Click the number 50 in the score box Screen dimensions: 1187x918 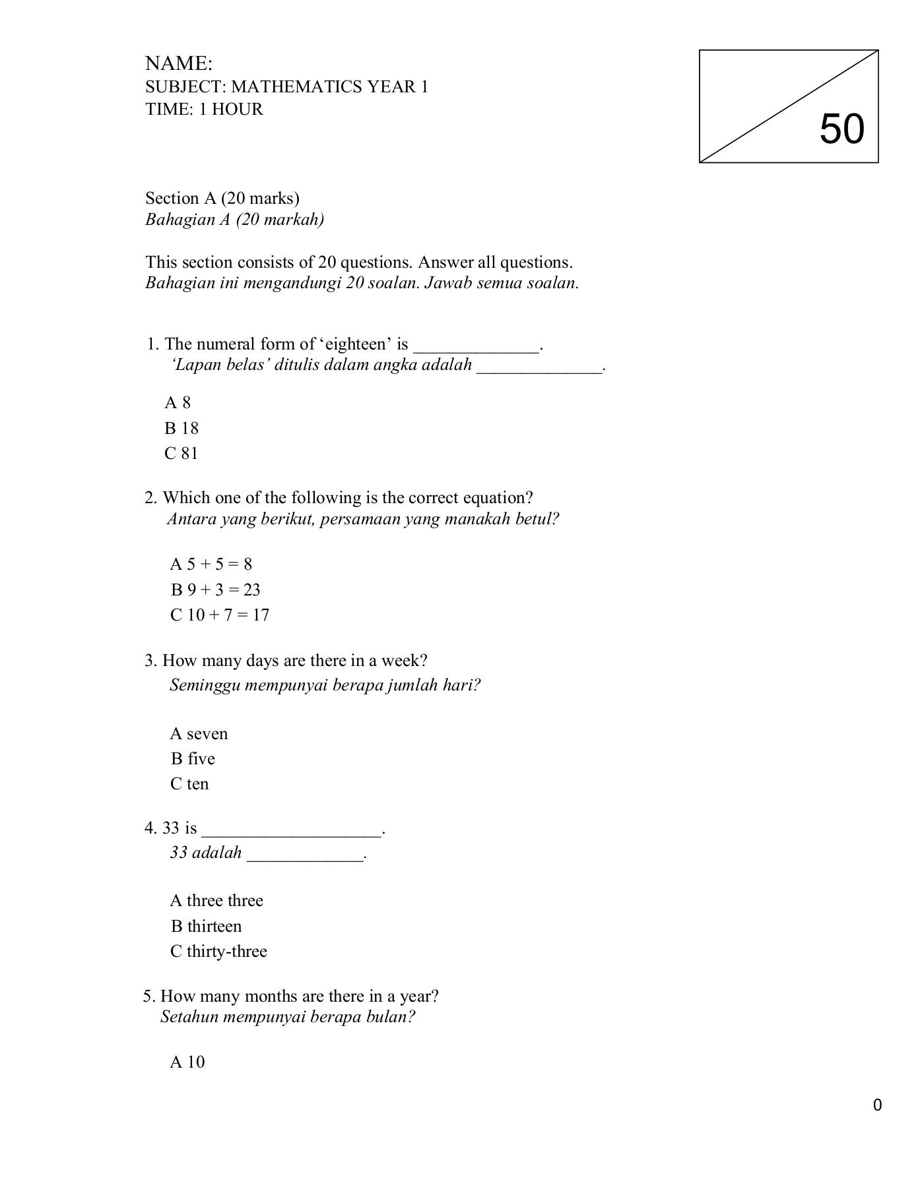point(841,129)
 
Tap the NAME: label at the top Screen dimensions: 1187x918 point(179,64)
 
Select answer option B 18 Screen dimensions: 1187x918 point(181,429)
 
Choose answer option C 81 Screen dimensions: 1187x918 point(181,454)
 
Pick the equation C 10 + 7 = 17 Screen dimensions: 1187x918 point(220,615)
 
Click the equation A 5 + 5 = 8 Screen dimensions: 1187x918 point(211,564)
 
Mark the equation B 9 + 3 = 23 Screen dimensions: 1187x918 point(216,590)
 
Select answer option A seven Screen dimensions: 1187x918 point(199,734)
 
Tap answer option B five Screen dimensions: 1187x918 point(193,759)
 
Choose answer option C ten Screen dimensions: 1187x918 point(189,784)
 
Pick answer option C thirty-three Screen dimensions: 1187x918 point(218,952)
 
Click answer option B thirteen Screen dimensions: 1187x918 point(206,927)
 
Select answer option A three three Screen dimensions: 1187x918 point(216,901)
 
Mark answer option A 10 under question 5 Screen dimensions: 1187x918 point(187,1062)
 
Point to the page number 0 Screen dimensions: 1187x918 point(877,1106)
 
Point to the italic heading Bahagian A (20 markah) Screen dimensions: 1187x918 point(235,220)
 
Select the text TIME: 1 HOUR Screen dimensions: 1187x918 point(205,109)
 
